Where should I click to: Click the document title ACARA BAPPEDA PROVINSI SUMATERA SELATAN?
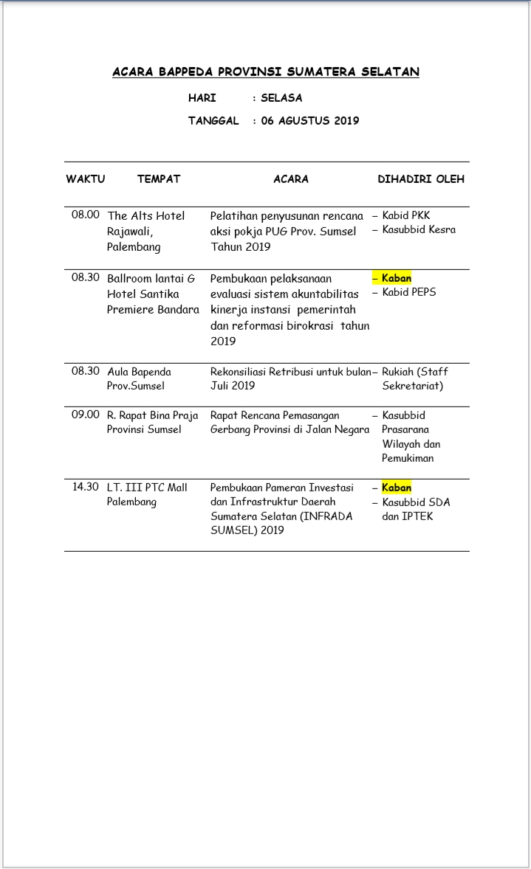pyautogui.click(x=266, y=72)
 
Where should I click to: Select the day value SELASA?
pyautogui.click(x=281, y=97)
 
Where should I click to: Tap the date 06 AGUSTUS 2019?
pyautogui.click(x=309, y=120)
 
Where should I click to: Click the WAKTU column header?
pyautogui.click(x=86, y=179)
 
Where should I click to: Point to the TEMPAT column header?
pyautogui.click(x=159, y=179)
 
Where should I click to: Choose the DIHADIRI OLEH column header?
pyautogui.click(x=421, y=179)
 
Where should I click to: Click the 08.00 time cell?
pyautogui.click(x=86, y=215)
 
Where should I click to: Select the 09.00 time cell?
pyautogui.click(x=86, y=415)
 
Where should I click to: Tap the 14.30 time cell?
pyautogui.click(x=86, y=487)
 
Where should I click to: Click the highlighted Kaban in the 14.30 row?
pyautogui.click(x=397, y=488)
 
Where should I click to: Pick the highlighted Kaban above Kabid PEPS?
pyautogui.click(x=397, y=278)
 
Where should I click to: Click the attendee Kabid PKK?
pyautogui.click(x=406, y=215)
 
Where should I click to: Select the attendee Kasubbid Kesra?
pyautogui.click(x=419, y=229)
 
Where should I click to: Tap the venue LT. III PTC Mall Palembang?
pyautogui.click(x=147, y=494)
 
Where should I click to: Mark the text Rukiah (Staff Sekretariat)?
pyautogui.click(x=414, y=378)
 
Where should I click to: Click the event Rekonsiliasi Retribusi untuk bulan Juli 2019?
pyautogui.click(x=290, y=378)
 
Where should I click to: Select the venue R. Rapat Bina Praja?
pyautogui.click(x=153, y=415)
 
